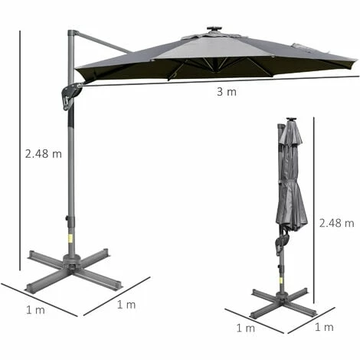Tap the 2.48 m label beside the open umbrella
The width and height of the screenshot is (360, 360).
[43, 153]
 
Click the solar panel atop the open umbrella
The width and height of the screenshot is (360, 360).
[214, 31]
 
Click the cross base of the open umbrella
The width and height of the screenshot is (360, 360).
[72, 268]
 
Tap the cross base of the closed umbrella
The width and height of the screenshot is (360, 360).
[283, 299]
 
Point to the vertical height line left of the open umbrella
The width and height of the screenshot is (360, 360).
[20, 153]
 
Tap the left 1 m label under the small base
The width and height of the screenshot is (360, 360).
[246, 328]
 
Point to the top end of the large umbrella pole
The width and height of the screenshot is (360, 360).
[72, 34]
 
